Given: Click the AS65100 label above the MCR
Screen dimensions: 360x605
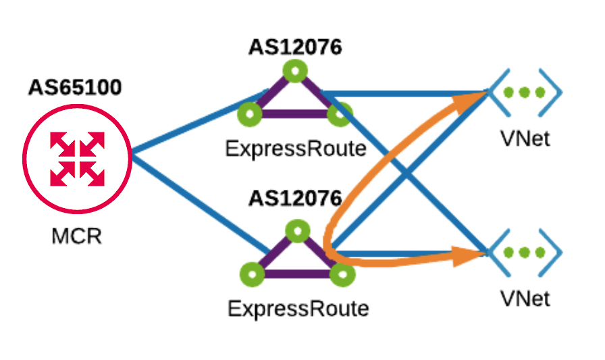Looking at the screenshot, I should click(x=75, y=88).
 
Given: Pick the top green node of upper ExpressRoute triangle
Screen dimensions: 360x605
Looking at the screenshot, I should click(x=294, y=70).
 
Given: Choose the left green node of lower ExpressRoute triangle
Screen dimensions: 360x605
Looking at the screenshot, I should click(x=252, y=274).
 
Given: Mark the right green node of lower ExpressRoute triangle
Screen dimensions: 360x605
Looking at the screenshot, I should click(x=342, y=274).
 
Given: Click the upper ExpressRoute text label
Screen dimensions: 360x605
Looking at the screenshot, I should click(x=296, y=148).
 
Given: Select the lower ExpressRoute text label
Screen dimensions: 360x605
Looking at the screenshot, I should click(x=298, y=309).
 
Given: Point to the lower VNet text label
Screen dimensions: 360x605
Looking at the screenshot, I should click(x=525, y=299).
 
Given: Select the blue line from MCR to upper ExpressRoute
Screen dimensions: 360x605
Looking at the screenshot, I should click(x=196, y=122).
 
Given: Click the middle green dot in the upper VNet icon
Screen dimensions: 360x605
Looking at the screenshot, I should click(x=525, y=93).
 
